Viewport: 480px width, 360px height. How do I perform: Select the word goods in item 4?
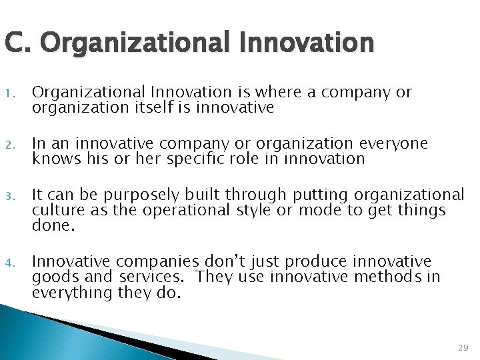point(53,276)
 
